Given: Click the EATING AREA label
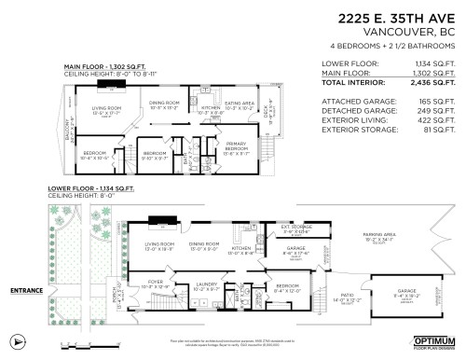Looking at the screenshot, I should (240, 104).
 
